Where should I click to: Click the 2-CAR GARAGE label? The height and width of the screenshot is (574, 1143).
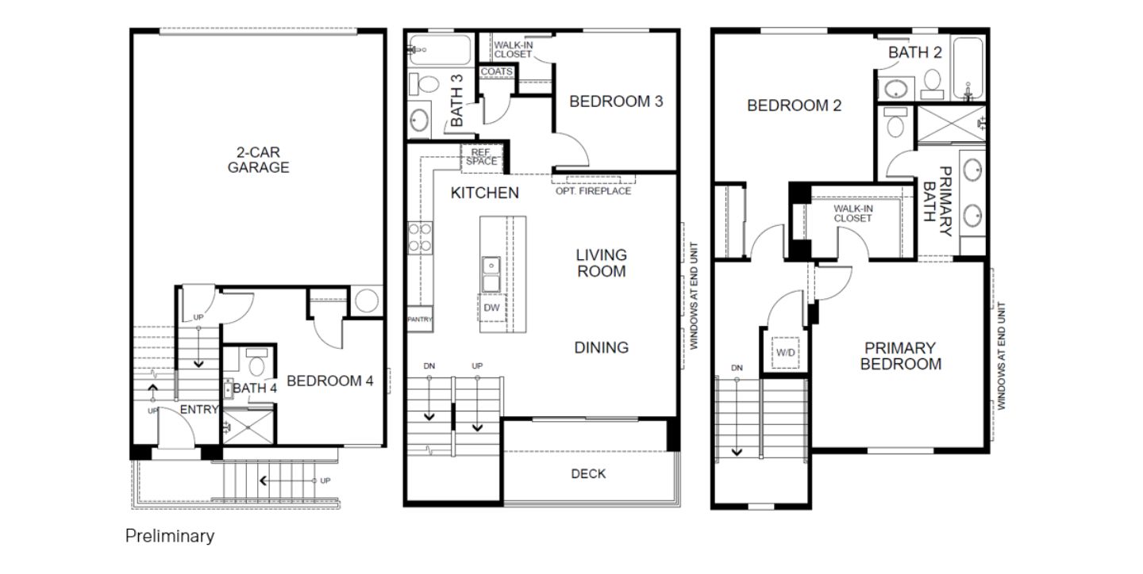click(258, 159)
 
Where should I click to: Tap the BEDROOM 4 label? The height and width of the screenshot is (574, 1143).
click(329, 381)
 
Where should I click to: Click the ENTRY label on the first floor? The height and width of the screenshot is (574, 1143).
click(199, 409)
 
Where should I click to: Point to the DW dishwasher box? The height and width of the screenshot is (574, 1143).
click(491, 308)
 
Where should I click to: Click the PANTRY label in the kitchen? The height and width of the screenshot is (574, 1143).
click(419, 320)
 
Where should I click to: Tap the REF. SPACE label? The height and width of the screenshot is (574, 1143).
click(481, 157)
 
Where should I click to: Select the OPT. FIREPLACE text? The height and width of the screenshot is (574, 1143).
click(593, 190)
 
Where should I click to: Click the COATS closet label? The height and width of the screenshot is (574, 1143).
click(497, 71)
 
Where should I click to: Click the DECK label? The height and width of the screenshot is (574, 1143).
click(588, 473)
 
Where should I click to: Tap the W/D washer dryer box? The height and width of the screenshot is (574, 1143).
click(785, 352)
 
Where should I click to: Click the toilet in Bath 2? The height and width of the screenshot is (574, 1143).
click(932, 83)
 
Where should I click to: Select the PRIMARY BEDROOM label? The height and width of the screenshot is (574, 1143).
click(901, 356)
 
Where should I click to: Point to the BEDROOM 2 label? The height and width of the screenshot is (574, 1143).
click(794, 105)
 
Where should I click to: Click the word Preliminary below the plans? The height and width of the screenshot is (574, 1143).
click(170, 536)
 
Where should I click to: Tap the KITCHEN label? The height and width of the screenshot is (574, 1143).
click(485, 193)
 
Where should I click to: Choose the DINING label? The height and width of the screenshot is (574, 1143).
click(601, 348)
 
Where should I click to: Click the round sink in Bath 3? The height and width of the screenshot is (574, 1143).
click(419, 121)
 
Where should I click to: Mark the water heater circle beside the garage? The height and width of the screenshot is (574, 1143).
click(367, 300)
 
